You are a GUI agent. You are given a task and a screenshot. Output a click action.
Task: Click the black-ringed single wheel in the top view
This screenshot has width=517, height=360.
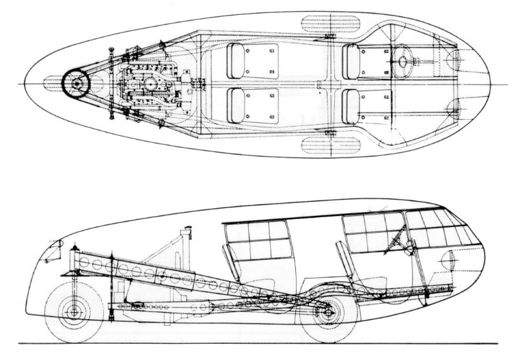click(76, 83)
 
